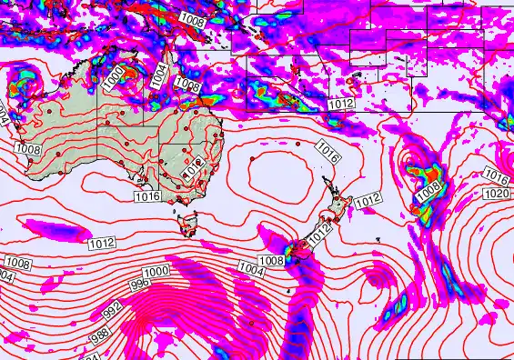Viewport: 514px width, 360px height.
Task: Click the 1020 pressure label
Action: click(497, 195)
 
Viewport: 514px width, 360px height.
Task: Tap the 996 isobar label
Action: click(141, 284)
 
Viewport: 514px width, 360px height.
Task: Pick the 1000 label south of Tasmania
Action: click(157, 272)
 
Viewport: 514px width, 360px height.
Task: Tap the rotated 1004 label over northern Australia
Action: click(159, 75)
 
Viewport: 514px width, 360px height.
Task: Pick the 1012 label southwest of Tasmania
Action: click(102, 243)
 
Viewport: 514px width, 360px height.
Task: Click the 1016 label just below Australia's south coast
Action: click(147, 196)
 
